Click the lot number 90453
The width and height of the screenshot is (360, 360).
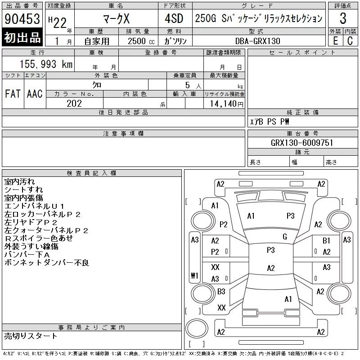click(22, 19)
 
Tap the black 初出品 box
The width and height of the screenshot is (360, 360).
click(22, 37)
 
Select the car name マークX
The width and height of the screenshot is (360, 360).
click(117, 19)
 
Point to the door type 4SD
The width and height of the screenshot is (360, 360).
click(174, 18)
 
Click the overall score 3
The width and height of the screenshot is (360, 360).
click(343, 18)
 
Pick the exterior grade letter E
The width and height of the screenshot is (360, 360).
click(335, 41)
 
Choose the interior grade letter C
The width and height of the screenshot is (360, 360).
click(350, 41)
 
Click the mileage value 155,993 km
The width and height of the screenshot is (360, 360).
click(46, 64)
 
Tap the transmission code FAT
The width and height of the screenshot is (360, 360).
click(13, 94)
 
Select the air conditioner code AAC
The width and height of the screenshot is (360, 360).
click(35, 94)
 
